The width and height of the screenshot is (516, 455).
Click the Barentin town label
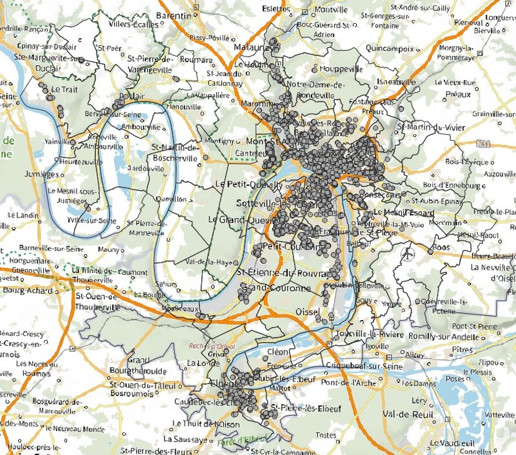[175, 15]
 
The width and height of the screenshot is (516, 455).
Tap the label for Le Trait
[64, 89]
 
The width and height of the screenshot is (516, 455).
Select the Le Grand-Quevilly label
[238, 219]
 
